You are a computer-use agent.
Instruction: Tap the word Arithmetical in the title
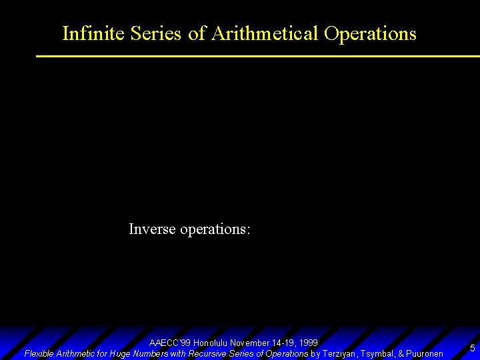click(265, 33)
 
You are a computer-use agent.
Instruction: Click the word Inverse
click(152, 229)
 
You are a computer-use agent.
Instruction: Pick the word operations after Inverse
click(215, 229)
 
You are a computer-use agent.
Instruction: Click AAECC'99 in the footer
click(170, 343)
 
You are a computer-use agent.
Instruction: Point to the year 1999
click(308, 343)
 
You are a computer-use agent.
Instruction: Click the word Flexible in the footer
click(39, 353)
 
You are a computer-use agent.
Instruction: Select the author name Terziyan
click(339, 353)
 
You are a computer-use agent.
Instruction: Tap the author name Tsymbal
click(377, 353)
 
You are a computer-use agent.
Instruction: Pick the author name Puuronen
click(425, 353)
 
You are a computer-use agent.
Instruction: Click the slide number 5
click(472, 348)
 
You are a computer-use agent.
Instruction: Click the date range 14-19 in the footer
click(283, 343)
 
